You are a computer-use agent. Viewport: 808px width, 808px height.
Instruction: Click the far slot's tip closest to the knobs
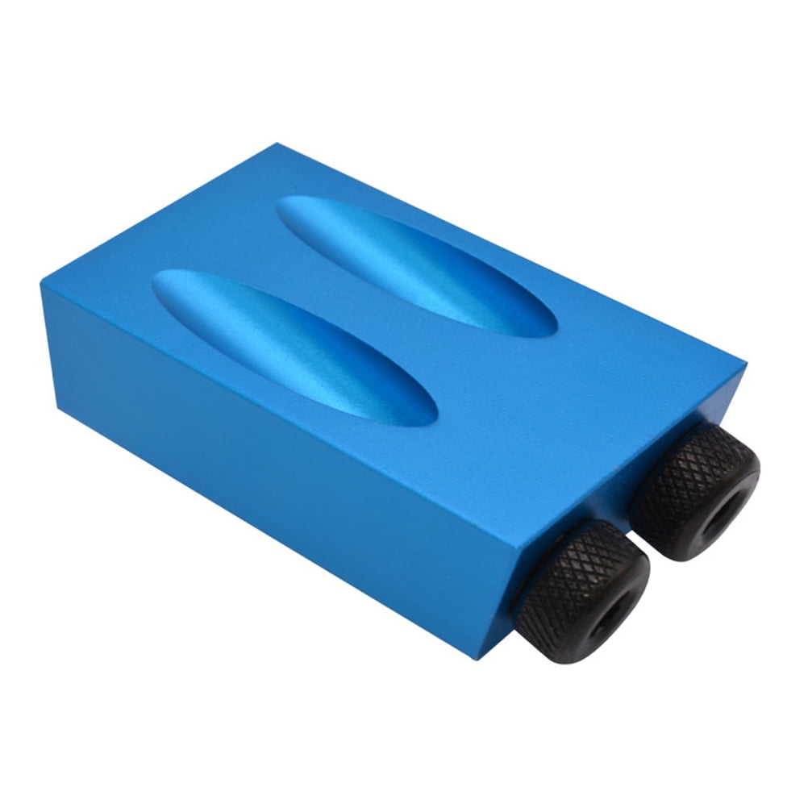pos(556,331)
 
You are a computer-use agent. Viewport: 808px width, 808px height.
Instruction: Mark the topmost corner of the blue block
pos(277,144)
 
